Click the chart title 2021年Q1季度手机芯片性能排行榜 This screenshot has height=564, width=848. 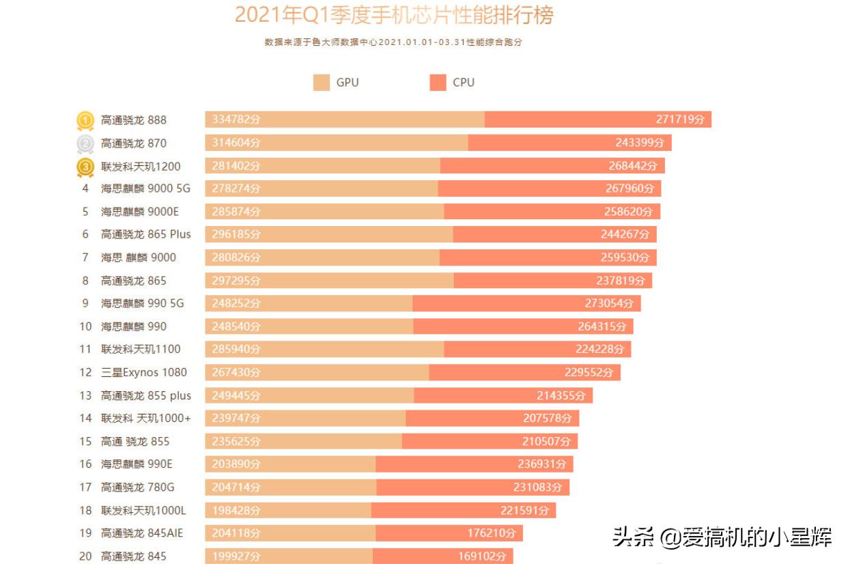394,15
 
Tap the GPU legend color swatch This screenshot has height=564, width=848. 322,83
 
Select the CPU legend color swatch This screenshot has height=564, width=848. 438,83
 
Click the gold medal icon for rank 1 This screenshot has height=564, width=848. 85,120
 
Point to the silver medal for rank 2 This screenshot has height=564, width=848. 85,143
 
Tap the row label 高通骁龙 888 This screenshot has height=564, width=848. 134,120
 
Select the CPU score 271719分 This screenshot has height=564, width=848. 680,120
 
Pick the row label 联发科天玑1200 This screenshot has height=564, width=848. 141,167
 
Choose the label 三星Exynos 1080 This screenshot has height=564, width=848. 143,372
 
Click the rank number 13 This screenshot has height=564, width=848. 85,395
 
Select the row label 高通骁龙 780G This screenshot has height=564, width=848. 137,488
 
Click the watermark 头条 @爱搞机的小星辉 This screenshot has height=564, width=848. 722,537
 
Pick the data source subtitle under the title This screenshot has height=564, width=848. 393,42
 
